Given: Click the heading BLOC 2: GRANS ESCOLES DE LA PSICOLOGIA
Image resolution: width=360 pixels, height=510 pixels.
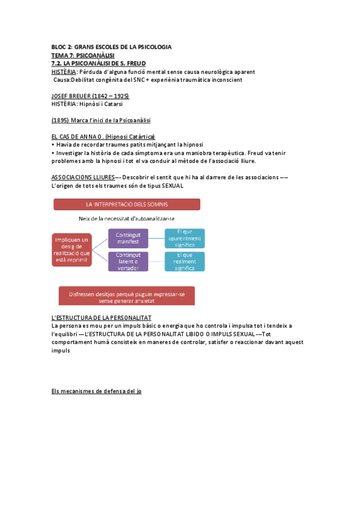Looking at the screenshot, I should (111, 46).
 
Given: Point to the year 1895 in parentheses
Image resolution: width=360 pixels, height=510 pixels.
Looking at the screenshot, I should (61, 120).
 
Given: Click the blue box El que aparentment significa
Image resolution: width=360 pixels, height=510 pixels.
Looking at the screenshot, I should (185, 238).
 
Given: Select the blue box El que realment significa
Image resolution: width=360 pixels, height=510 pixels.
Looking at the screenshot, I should (185, 261).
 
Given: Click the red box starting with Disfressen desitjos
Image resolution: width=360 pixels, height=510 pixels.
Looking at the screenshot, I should (126, 295).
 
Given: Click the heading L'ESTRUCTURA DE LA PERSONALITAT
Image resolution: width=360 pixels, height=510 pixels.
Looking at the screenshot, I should (102, 317).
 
